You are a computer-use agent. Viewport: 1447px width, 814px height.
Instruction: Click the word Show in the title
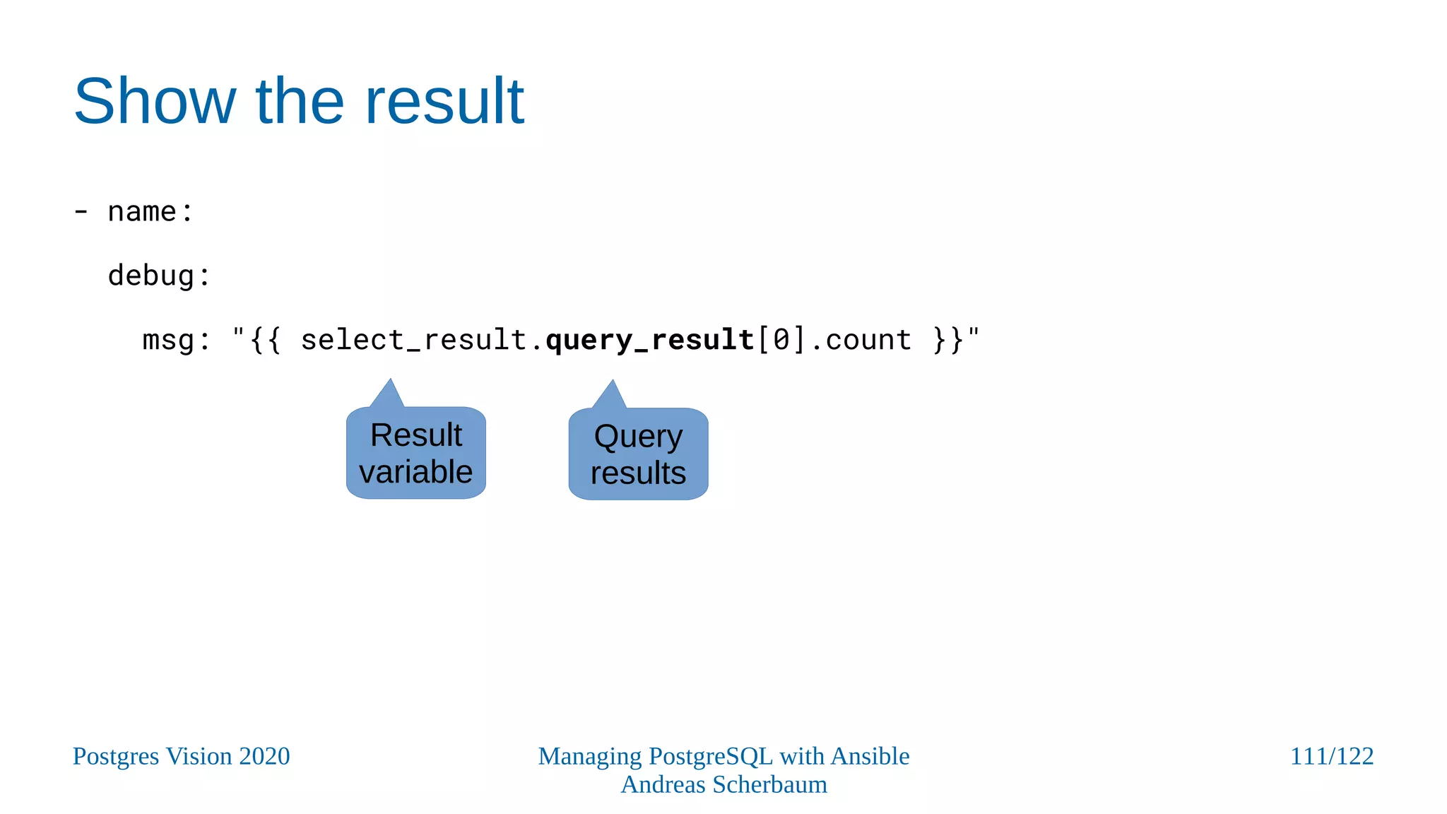pos(155,102)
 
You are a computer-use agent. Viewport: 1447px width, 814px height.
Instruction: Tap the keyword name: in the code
pos(150,212)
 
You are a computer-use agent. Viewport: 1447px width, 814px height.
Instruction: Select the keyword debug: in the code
pos(159,276)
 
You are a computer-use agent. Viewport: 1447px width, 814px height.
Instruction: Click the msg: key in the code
pos(176,341)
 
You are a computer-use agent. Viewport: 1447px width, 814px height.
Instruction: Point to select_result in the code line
pos(414,341)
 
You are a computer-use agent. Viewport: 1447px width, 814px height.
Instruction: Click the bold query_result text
pos(649,341)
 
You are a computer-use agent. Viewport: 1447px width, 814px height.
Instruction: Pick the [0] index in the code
pos(781,341)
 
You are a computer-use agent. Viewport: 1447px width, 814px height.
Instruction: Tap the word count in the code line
pos(868,341)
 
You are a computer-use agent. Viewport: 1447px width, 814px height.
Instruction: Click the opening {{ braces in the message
pos(266,341)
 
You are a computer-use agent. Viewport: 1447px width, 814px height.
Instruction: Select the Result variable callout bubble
pos(415,454)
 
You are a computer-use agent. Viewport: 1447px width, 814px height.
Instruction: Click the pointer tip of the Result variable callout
pos(390,382)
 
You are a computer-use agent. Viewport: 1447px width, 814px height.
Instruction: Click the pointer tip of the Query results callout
pos(613,383)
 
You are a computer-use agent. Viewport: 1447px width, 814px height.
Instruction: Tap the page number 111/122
pos(1331,757)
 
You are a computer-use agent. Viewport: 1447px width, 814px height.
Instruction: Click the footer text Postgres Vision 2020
pos(181,757)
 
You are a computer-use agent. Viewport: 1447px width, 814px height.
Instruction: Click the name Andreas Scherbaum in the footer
pos(723,785)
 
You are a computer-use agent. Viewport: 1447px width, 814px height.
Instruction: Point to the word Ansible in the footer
pos(870,757)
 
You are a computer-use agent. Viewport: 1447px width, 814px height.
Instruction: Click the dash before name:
pos(81,212)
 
